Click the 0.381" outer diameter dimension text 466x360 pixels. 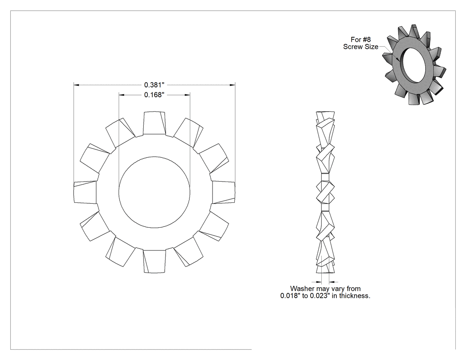coord(154,85)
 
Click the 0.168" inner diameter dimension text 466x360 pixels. coord(154,95)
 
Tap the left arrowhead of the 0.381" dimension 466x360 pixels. coord(76,85)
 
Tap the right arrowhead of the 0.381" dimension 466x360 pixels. coord(233,85)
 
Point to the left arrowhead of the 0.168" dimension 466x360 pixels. coord(121,95)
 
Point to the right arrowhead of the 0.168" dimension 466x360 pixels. coord(187,95)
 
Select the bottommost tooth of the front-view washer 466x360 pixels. coord(154,261)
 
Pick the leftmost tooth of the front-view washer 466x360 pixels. coord(85,192)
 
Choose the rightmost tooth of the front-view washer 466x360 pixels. coord(223,192)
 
